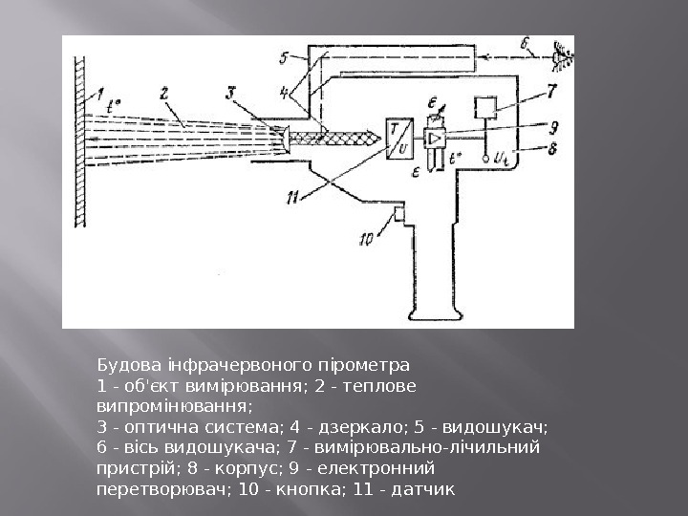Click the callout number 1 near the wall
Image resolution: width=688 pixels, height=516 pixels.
(97, 94)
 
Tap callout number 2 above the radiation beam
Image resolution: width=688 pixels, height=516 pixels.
(165, 94)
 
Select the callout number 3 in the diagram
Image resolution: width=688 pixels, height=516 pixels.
(230, 93)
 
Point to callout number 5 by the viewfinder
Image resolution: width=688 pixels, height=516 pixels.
(285, 58)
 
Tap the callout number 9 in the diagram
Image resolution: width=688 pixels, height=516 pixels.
(552, 124)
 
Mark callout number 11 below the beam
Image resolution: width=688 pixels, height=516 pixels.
(292, 198)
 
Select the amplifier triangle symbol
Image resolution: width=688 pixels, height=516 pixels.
(436, 139)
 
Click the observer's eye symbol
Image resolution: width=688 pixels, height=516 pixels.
(563, 59)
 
